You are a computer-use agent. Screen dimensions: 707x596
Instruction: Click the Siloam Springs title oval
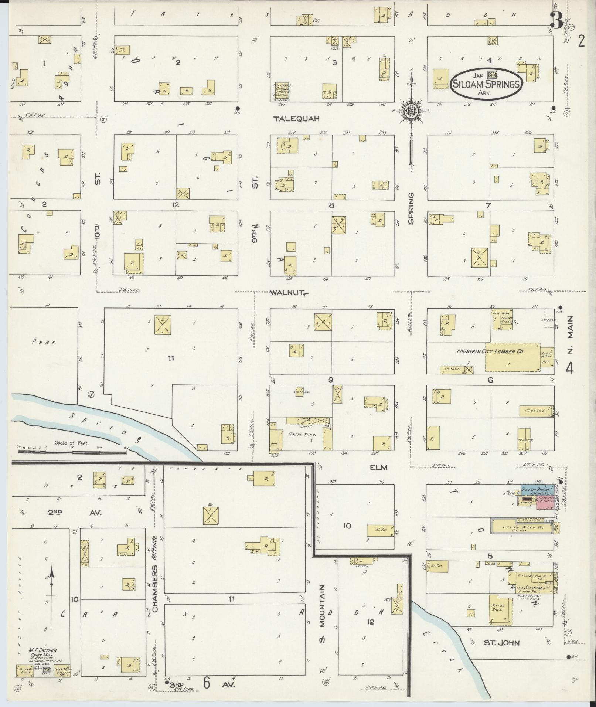pos(486,84)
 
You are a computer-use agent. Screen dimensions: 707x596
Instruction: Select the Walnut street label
pos(286,293)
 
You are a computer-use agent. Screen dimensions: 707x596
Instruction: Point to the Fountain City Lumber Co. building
pos(512,357)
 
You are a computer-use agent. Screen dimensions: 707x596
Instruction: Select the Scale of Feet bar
pos(72,452)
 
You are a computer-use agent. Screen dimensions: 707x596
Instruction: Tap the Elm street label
pos(378,468)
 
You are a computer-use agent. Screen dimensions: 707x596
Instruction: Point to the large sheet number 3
pos(556,20)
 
